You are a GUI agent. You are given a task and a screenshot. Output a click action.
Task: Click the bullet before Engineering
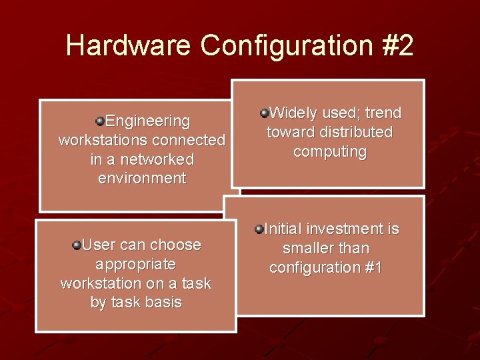point(99,121)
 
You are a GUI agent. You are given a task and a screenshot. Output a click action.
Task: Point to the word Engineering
point(147,121)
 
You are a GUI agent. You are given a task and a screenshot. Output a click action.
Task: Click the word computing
point(329,151)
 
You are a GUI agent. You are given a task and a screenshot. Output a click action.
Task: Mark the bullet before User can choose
point(77,245)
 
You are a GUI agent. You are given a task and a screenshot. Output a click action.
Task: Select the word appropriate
point(135,264)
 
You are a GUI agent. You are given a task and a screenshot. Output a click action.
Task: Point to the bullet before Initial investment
point(259,230)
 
